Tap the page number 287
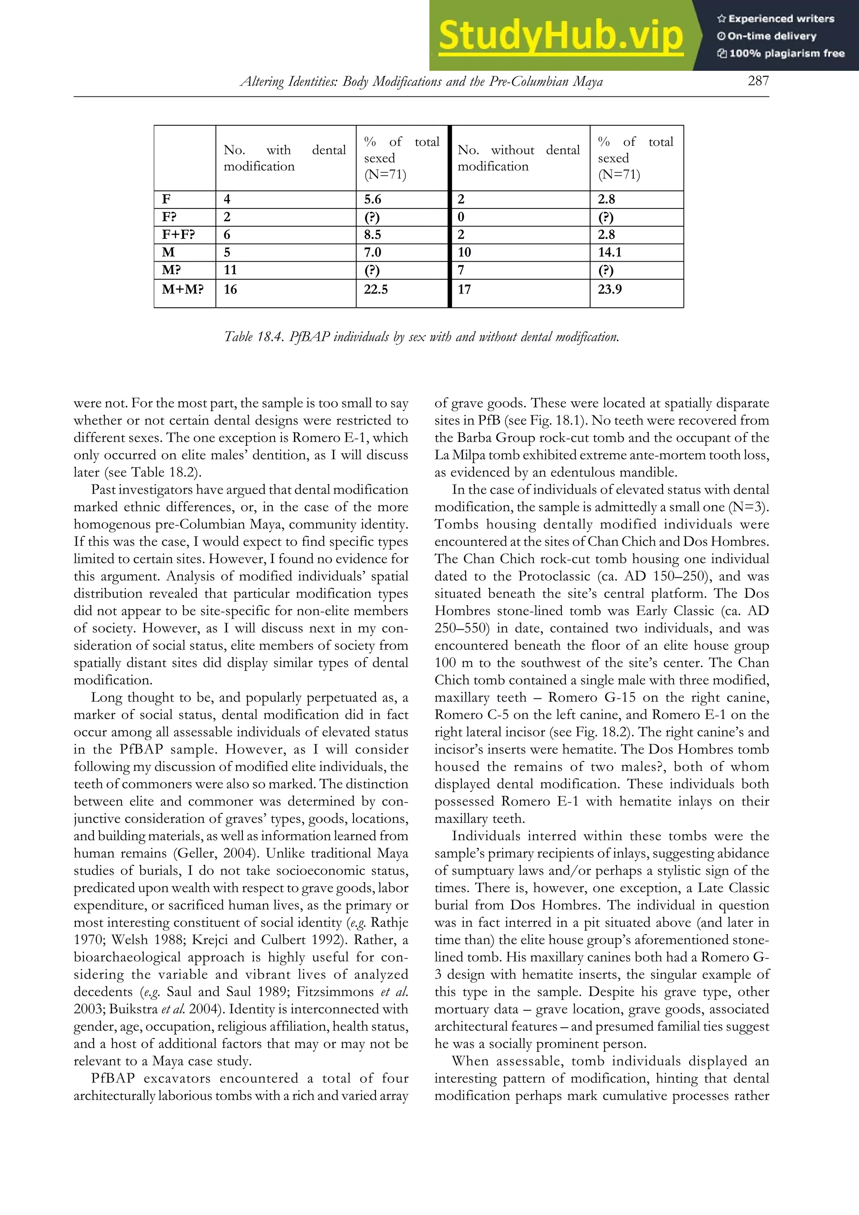(x=758, y=81)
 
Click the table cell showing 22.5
(x=376, y=289)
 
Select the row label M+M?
(x=182, y=289)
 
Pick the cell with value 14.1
(x=610, y=252)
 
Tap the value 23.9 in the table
(x=610, y=289)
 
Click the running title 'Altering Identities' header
(x=421, y=81)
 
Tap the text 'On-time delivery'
(x=772, y=36)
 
